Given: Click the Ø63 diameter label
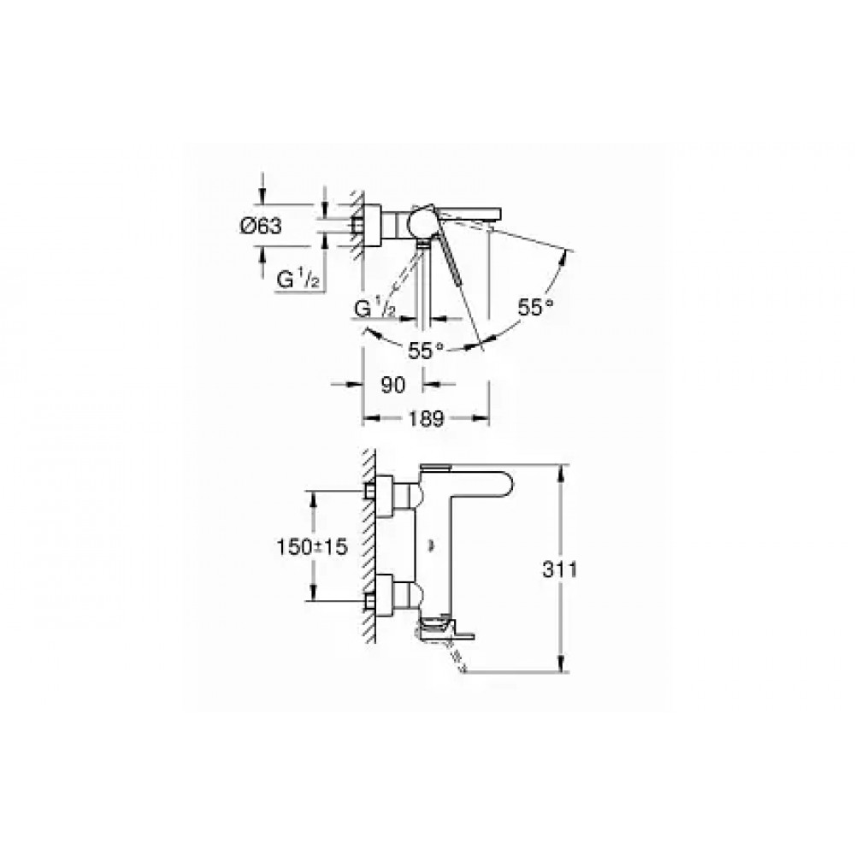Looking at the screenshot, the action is coord(261,225).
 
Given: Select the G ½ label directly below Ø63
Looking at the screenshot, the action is coord(298,280).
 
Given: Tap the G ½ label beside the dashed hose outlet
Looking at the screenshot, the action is coord(375,310).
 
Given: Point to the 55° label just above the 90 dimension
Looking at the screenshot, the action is coord(426,351).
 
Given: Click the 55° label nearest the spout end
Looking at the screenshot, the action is coord(535,308).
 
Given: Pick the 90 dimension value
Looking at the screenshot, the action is coord(393,385).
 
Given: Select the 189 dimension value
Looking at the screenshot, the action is coord(426,419).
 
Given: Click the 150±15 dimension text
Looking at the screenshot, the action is coord(312,546).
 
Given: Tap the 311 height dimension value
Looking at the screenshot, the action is coord(559,569).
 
